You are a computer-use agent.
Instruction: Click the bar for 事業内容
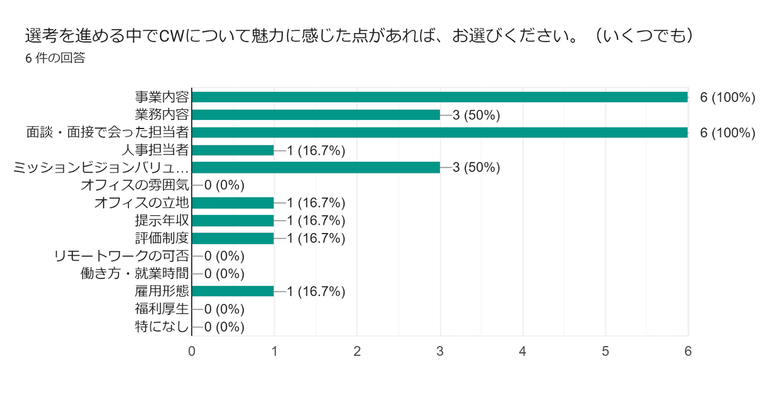[440, 97]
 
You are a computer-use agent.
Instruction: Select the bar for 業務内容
[316, 115]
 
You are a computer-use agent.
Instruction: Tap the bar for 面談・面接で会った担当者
[440, 132]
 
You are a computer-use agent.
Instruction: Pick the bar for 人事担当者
[233, 150]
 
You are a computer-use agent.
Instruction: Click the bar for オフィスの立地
[233, 203]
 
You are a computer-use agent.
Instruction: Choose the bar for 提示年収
[233, 221]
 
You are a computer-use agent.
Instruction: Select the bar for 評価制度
[233, 238]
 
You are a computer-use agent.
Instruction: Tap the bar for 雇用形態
[233, 291]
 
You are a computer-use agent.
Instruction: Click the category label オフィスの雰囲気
[135, 185]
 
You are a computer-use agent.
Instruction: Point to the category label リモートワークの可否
[122, 256]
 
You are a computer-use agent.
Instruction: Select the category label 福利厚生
[162, 309]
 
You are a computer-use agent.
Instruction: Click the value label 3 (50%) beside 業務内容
[476, 115]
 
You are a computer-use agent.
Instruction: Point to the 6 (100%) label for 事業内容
[727, 98]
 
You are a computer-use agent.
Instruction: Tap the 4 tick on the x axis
[523, 351]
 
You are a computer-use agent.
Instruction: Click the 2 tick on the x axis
[357, 351]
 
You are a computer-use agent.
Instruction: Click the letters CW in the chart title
[172, 36]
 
